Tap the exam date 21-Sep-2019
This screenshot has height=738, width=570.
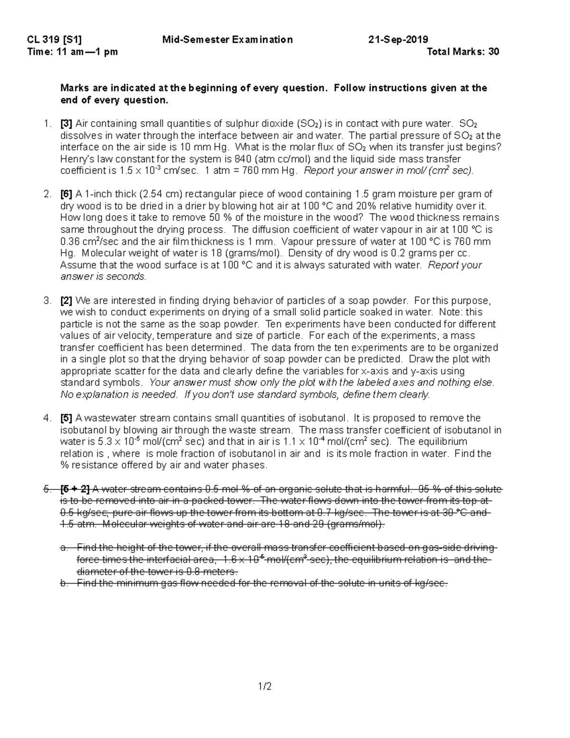pyautogui.click(x=398, y=40)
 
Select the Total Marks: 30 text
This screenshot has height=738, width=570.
pyautogui.click(x=463, y=52)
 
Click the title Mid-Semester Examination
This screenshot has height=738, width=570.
pyautogui.click(x=228, y=40)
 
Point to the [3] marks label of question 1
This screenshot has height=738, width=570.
pyautogui.click(x=66, y=124)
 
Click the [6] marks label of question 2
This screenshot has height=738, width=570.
pyautogui.click(x=66, y=194)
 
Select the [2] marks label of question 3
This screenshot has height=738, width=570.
pyautogui.click(x=66, y=301)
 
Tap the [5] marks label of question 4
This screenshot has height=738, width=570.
pyautogui.click(x=66, y=418)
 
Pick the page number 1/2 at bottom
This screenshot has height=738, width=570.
pyautogui.click(x=265, y=686)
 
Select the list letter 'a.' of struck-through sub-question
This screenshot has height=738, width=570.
pyautogui.click(x=65, y=548)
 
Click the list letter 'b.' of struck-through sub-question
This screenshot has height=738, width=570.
pyautogui.click(x=65, y=583)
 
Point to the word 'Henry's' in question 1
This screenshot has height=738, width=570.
pyautogui.click(x=75, y=159)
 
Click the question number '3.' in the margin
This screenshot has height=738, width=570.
pyautogui.click(x=47, y=301)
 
